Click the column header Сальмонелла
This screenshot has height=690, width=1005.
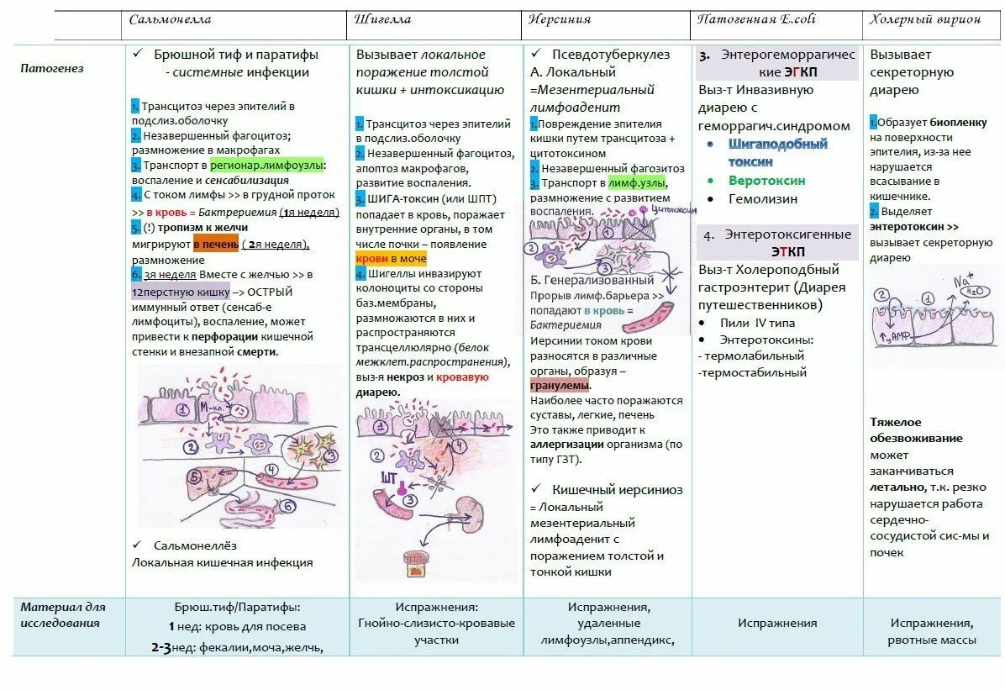coord(170,19)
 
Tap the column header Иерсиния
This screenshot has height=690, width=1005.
coord(560,19)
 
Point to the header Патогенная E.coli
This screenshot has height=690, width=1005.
coord(756,19)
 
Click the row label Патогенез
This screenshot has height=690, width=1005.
coord(52,69)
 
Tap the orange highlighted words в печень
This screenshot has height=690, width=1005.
coord(216,245)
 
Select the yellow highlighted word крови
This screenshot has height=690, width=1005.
coord(371,259)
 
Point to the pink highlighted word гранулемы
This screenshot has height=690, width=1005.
coord(560,385)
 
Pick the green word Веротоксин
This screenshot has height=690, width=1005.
coord(766,181)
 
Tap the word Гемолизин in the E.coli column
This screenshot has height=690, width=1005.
coord(763,199)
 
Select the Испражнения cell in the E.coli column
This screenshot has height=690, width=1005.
coord(777,623)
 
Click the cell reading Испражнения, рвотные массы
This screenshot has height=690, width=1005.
coord(932,631)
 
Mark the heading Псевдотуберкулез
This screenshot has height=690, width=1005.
coord(611,55)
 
